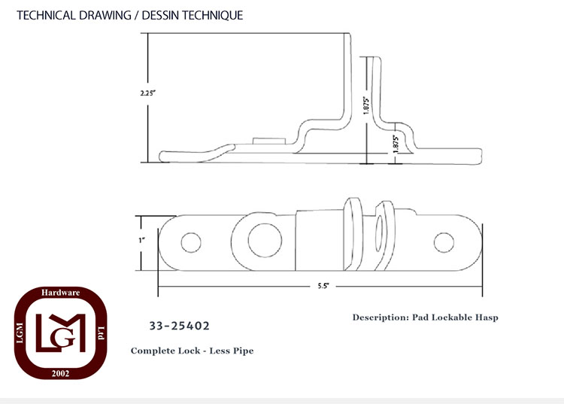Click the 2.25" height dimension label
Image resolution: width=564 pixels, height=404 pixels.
[147, 93]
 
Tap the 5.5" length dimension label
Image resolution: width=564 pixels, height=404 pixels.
[323, 286]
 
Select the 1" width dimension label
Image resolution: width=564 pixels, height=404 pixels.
[141, 240]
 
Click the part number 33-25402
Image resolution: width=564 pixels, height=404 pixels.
[179, 326]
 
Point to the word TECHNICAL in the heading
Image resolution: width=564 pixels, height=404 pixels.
[47, 16]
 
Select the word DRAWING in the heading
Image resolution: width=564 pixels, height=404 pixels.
[105, 16]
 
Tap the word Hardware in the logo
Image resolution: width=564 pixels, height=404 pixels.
[60, 293]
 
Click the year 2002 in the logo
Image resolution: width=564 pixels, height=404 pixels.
[60, 373]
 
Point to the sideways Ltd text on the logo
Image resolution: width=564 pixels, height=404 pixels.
[101, 333]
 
